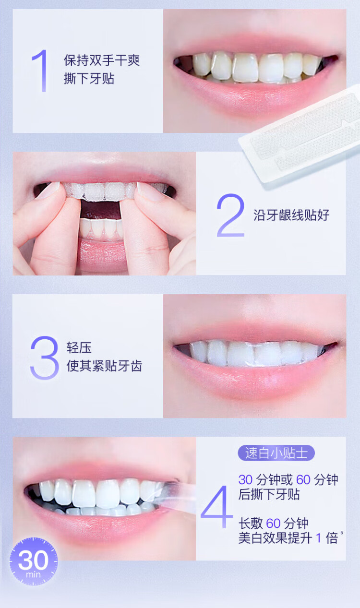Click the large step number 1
pyautogui.click(x=41, y=71)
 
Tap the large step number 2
pyautogui.click(x=230, y=215)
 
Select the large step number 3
pyautogui.click(x=45, y=358)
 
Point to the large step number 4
pyautogui.click(x=217, y=506)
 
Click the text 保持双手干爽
pyautogui.click(x=102, y=60)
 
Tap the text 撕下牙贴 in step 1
pyautogui.click(x=89, y=79)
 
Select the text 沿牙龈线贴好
pyautogui.click(x=291, y=215)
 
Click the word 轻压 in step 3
pyautogui.click(x=79, y=348)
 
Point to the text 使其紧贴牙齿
pyautogui.click(x=104, y=366)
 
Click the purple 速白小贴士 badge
pyautogui.click(x=276, y=453)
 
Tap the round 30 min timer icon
pyautogui.click(x=34, y=561)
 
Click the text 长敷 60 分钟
pyautogui.click(x=274, y=523)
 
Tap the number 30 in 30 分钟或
pyautogui.click(x=245, y=479)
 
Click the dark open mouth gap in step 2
pyautogui.click(x=100, y=209)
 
